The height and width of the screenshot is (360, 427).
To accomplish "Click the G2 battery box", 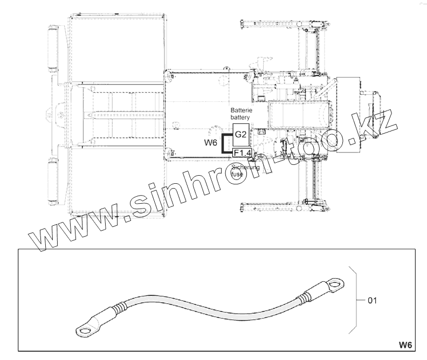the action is [241, 135].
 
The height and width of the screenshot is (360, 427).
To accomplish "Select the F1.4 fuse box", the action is [242, 153].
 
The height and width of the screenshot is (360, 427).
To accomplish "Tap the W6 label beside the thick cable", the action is [210, 142].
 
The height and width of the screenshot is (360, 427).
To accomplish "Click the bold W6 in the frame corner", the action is [405, 345].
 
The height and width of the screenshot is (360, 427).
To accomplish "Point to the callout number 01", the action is [372, 300].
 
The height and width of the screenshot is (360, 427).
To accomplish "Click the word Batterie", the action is [242, 110].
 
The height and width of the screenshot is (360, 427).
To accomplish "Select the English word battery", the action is [240, 117].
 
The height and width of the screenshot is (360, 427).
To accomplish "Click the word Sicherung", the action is [245, 167].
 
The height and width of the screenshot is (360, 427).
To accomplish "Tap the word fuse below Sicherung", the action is [237, 174].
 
